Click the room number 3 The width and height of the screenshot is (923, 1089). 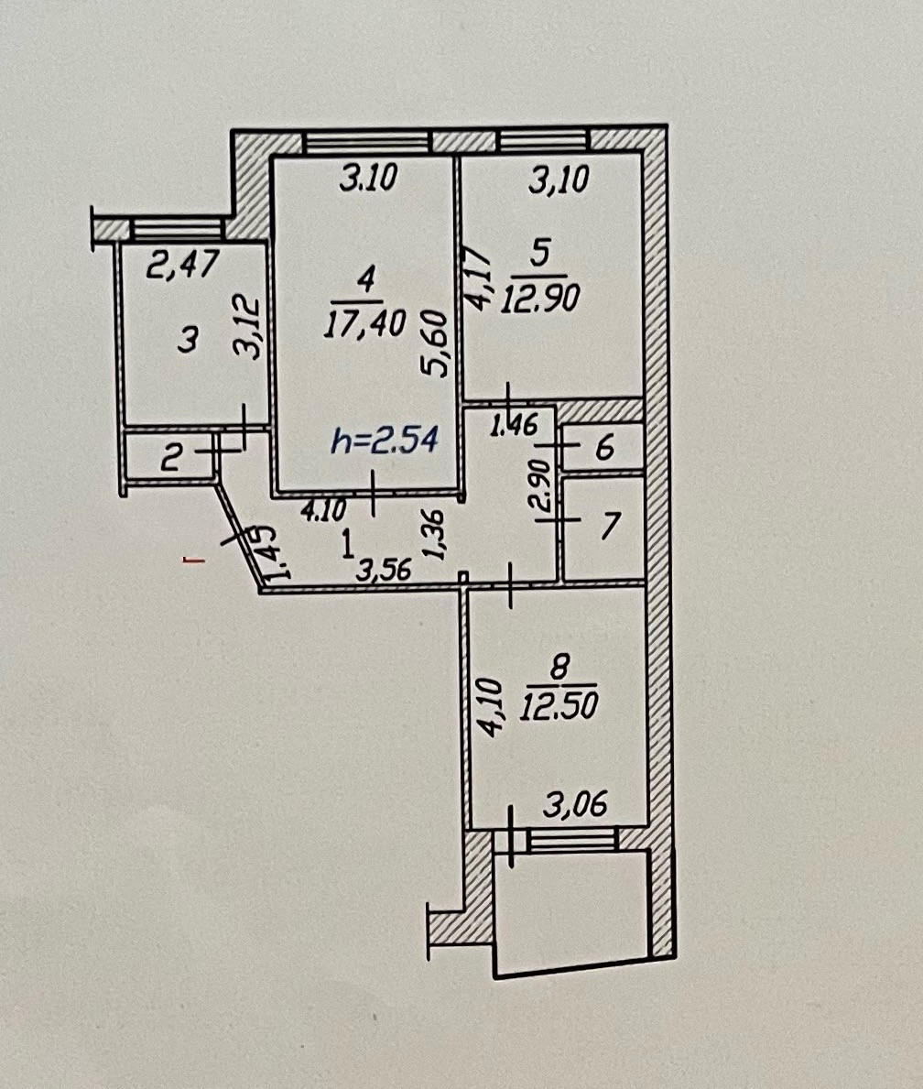(187, 342)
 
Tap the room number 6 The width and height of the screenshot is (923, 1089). (603, 450)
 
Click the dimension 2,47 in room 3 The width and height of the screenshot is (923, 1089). (183, 267)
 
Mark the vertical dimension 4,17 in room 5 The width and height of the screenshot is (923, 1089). (482, 278)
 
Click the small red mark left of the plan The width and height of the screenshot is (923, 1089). (191, 561)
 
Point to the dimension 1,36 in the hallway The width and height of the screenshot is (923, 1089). (437, 534)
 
